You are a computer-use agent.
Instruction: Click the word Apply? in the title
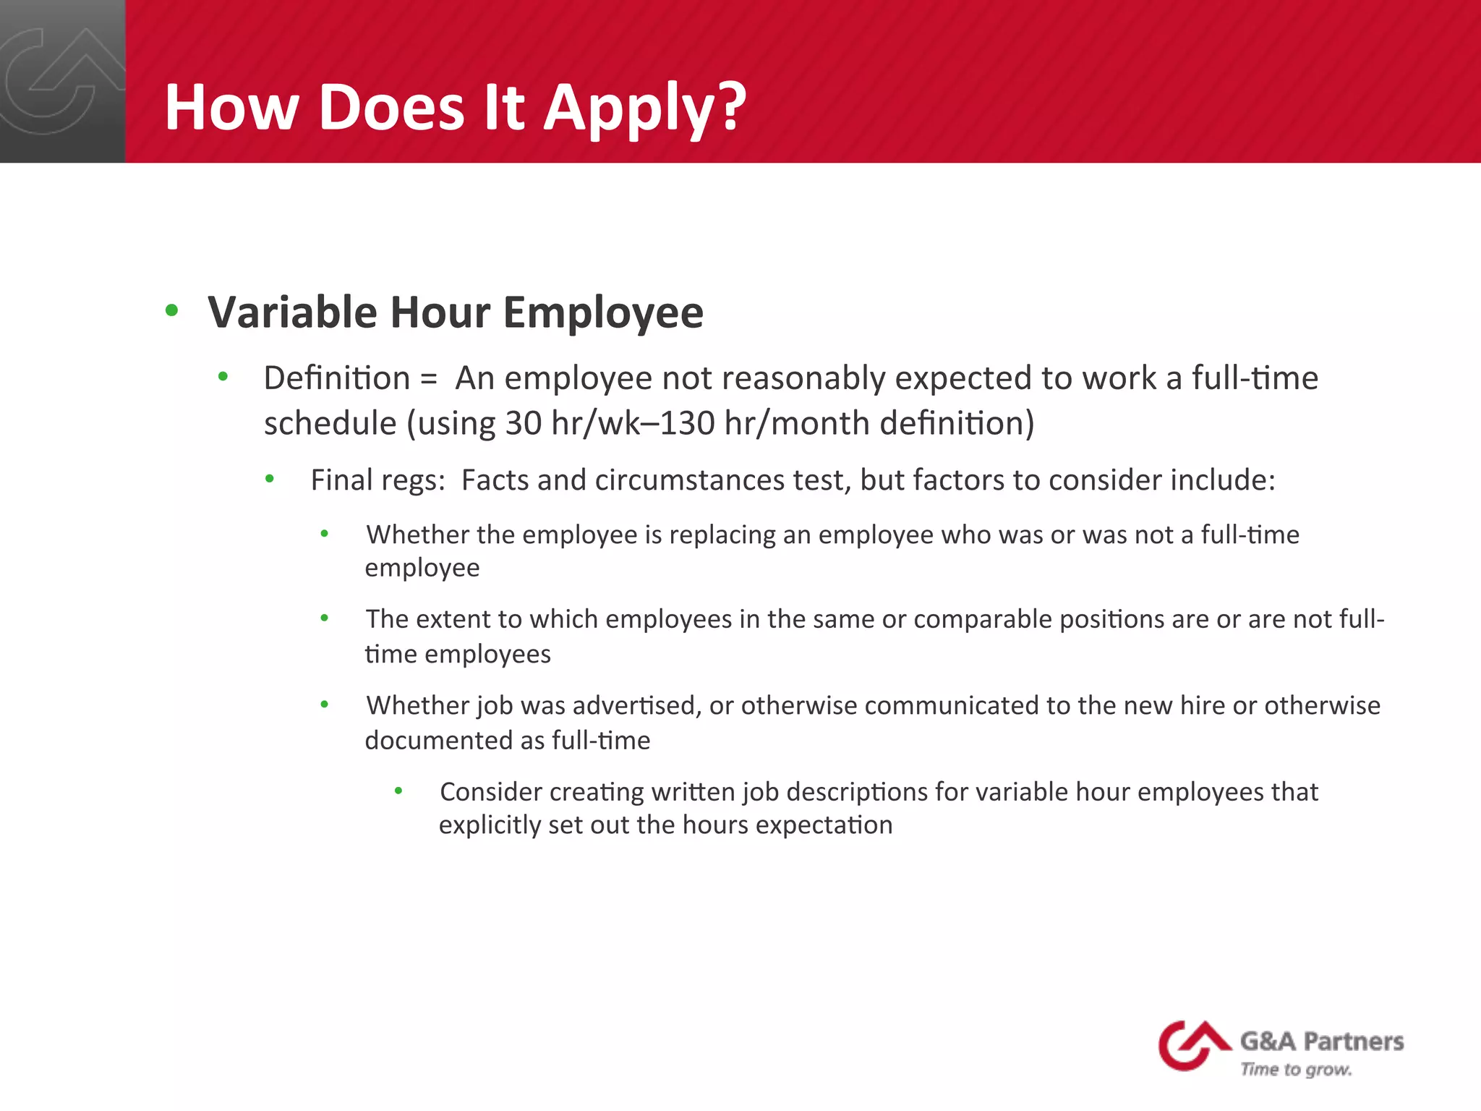tap(644, 108)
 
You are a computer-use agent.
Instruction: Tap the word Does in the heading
tap(390, 108)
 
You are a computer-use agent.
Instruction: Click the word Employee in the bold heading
tap(603, 312)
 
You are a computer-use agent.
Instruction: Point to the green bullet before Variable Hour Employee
tap(171, 311)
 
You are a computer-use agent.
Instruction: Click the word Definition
tap(336, 378)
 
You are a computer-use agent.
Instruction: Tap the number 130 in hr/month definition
tap(687, 423)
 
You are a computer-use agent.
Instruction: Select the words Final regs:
tap(377, 480)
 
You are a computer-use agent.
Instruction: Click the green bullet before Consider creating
tap(398, 791)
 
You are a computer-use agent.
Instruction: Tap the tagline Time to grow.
tap(1296, 1069)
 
